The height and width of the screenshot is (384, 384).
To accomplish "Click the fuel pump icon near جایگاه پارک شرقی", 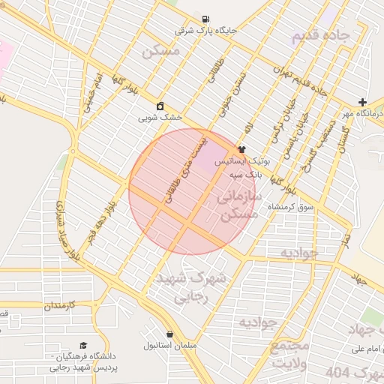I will tap(205, 19).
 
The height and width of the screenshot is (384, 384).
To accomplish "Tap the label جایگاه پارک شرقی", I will tap(205, 31).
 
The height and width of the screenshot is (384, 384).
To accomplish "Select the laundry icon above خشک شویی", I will tap(160, 106).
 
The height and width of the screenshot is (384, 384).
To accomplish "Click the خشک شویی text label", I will tap(160, 118).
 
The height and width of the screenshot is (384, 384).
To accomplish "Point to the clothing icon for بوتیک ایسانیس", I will tap(241, 149).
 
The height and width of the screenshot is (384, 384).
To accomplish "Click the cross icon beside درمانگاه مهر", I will tap(363, 102).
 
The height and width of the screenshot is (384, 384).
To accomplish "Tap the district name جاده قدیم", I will tap(321, 35).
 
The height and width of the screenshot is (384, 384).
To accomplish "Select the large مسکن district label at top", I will tap(160, 52).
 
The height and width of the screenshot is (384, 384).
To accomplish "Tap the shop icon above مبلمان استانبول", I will tap(170, 334).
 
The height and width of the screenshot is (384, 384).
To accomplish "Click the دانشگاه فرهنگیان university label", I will tap(79, 361).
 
